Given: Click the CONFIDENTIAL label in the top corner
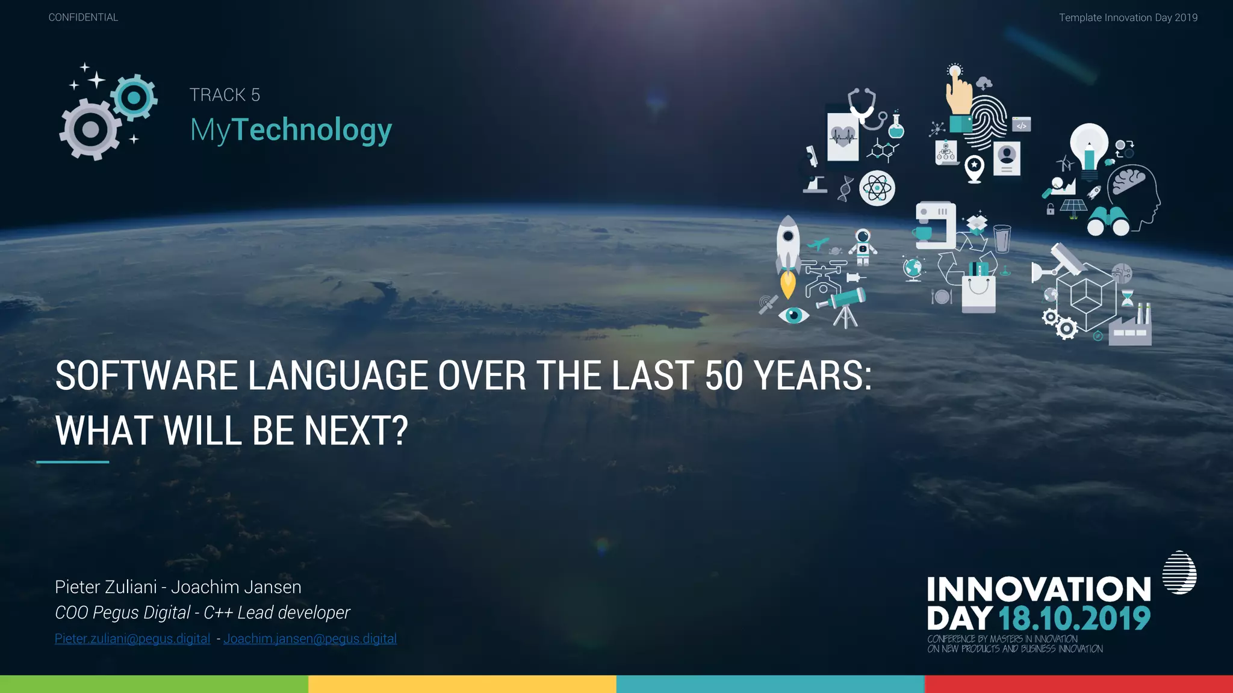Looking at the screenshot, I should tap(83, 17).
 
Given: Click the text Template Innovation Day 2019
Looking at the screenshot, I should tap(1128, 17).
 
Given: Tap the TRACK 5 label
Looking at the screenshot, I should tap(225, 95).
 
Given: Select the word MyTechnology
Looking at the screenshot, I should tap(291, 129).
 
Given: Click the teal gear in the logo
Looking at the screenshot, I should tap(134, 97).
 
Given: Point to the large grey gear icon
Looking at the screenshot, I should tap(90, 130).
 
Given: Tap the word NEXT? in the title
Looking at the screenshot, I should tap(356, 431).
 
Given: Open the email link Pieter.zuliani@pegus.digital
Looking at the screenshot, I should tap(132, 639).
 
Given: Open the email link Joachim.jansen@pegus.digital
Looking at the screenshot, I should tap(309, 639).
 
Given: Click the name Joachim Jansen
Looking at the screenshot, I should tap(236, 587).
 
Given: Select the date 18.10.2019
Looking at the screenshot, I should tap(1074, 618).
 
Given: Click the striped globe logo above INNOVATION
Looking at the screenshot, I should tap(1179, 573).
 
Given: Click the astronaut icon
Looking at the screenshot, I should tap(863, 247).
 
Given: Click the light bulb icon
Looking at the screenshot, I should tap(1089, 147).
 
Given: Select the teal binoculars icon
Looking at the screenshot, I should tap(1108, 221).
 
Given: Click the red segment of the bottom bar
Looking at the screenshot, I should tap(1078, 684).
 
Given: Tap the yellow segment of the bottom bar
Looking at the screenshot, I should tap(462, 684).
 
